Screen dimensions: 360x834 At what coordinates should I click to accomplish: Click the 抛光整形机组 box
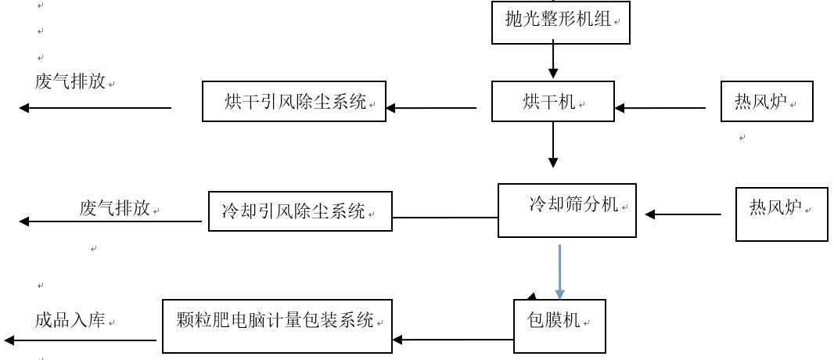[561, 22]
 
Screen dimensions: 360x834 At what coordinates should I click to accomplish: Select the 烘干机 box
[553, 102]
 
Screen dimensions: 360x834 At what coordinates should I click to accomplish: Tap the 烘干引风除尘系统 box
[294, 102]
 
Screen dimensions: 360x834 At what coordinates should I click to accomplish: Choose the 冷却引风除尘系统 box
[300, 211]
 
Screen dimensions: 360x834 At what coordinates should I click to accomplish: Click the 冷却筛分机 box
[567, 210]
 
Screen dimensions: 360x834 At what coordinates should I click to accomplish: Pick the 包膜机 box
[559, 322]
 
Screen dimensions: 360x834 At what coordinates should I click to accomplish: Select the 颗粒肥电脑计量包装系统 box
[277, 322]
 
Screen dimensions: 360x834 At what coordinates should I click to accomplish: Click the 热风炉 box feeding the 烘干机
[767, 102]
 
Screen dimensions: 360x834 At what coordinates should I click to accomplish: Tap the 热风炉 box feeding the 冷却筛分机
[782, 214]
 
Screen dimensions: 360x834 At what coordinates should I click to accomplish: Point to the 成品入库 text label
[70, 321]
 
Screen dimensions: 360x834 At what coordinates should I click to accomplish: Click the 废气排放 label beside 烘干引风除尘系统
[70, 82]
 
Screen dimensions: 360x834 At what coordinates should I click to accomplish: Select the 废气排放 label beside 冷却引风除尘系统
[114, 208]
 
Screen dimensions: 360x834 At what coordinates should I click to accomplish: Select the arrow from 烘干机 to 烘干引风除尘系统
[431, 108]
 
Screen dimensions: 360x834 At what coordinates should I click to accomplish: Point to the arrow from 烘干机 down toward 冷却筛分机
[553, 145]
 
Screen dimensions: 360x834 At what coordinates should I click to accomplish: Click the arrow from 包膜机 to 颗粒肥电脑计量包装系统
[453, 340]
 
